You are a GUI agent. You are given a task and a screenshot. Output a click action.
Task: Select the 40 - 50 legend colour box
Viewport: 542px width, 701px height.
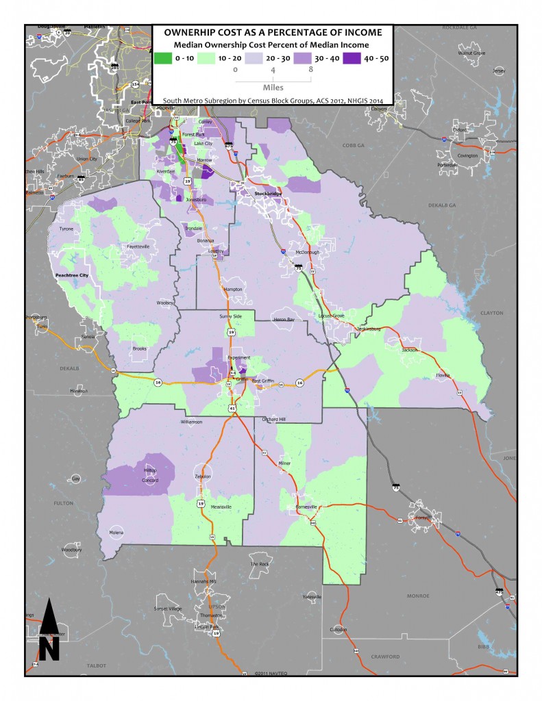(x=351, y=58)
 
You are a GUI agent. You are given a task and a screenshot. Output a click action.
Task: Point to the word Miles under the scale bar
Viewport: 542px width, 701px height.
(x=273, y=88)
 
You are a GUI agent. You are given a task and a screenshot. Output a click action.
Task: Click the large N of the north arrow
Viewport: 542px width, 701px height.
(x=48, y=648)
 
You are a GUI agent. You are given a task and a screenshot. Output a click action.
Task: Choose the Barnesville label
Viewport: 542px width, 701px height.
(x=308, y=507)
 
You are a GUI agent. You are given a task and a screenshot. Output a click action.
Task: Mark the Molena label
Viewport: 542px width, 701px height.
(x=117, y=532)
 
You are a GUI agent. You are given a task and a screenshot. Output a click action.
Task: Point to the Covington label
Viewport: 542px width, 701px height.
(x=467, y=155)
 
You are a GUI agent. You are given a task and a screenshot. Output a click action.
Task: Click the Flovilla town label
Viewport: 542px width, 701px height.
(x=445, y=375)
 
